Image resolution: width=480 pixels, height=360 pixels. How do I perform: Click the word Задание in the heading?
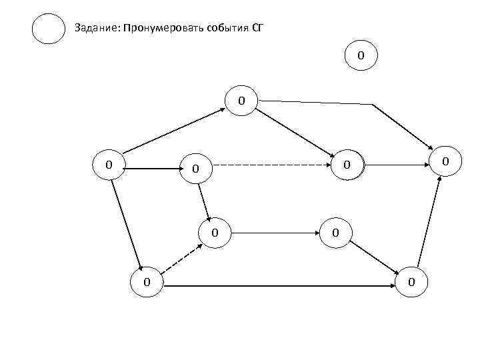pos(93,28)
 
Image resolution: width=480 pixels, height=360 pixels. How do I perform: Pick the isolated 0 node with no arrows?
pos(361,55)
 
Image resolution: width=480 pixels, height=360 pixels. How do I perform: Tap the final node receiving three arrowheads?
pos(446,161)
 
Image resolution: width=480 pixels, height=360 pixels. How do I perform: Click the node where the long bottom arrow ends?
pos(412,282)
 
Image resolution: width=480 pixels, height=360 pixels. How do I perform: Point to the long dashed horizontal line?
pos(273,164)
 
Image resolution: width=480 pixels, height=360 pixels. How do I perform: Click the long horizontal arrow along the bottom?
pos(280,286)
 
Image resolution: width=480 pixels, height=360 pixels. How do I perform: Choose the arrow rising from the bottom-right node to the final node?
pos(429,223)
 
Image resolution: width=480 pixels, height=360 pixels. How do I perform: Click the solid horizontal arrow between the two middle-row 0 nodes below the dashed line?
pos(275,234)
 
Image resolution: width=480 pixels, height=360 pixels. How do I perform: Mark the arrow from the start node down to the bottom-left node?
pos(127,223)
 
